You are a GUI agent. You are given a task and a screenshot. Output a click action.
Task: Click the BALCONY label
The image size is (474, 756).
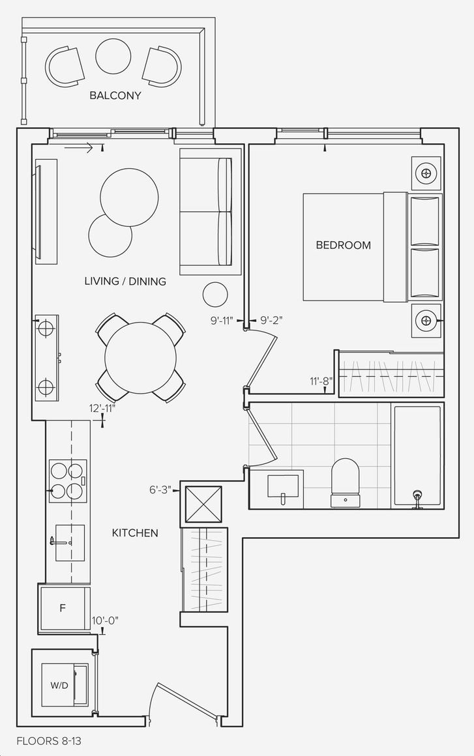[115, 95]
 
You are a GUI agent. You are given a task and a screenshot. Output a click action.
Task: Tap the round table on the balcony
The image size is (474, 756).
[113, 57]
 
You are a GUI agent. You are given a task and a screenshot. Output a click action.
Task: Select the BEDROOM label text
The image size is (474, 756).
[344, 245]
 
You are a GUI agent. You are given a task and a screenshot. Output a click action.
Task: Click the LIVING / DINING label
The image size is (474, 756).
[125, 281]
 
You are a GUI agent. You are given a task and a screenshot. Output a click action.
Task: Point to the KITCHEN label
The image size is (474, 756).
[135, 532]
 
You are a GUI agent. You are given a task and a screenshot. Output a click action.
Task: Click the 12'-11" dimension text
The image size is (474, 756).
[102, 409]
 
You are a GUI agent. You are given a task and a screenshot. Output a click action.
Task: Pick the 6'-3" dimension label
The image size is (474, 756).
[160, 490]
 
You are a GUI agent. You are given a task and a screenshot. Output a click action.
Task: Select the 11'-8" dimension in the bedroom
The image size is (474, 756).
[321, 381]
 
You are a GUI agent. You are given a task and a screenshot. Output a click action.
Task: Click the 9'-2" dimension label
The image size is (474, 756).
[271, 319]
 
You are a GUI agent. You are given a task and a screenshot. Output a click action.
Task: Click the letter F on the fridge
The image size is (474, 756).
[62, 608]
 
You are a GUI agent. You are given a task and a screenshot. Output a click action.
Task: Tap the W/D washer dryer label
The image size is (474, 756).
[59, 686]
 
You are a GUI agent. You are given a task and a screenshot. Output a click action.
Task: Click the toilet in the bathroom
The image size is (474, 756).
[346, 483]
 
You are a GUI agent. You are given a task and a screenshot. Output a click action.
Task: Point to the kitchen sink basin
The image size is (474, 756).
[70, 543]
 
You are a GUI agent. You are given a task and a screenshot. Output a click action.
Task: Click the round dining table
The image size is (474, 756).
[140, 358]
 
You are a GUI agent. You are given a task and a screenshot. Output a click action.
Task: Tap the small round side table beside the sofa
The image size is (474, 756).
[215, 294]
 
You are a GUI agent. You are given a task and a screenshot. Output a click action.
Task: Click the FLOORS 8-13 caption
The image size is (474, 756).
[46, 740]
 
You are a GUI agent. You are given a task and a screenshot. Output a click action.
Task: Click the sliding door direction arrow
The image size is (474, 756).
[79, 148]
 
